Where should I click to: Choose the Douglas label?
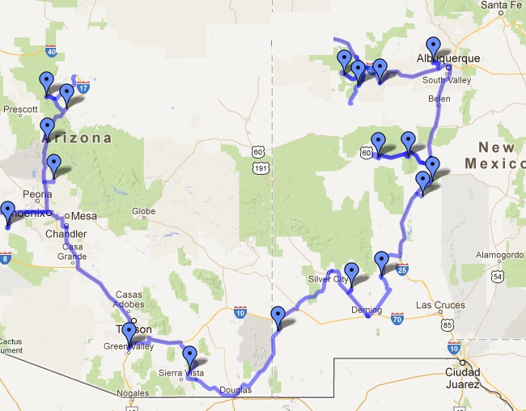pyautogui.click(x=235, y=390)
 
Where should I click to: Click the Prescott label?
pyautogui.click(x=20, y=108)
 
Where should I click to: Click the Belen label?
pyautogui.click(x=439, y=99)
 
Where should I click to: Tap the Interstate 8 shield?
pyautogui.click(x=7, y=260)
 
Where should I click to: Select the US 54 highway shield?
pyautogui.click(x=498, y=278)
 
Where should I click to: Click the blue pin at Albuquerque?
pyautogui.click(x=434, y=47)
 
